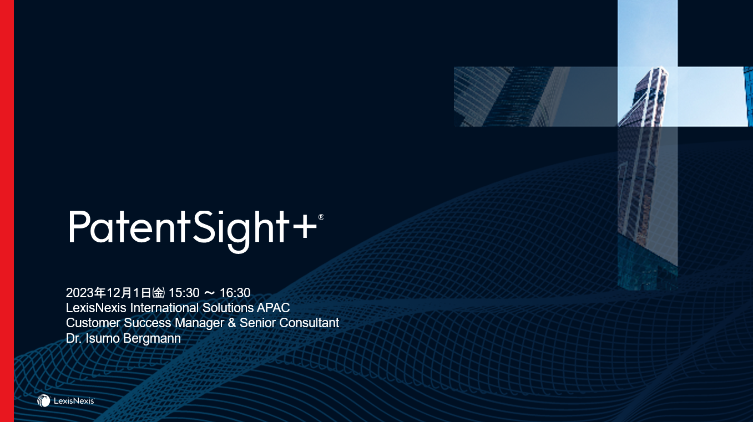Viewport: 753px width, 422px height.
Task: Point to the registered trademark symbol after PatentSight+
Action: click(321, 217)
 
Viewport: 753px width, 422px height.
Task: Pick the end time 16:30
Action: click(235, 293)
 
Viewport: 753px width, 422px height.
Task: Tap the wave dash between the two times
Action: click(209, 293)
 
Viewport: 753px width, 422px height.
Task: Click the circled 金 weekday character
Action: click(159, 293)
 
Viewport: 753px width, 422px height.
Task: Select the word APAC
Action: click(273, 308)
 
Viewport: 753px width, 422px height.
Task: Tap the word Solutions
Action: click(228, 308)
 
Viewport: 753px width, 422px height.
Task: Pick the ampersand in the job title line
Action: click(232, 323)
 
